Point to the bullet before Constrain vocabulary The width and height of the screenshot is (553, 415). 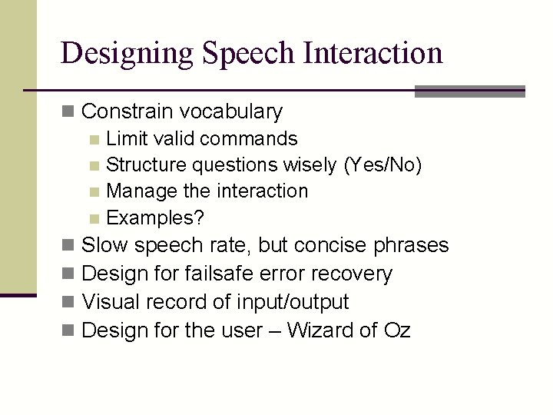69,112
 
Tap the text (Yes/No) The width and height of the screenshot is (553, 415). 382,165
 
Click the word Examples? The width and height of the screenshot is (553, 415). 155,218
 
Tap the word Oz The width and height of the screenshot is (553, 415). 397,330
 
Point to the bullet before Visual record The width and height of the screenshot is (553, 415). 69,302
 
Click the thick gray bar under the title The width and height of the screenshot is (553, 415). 469,91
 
